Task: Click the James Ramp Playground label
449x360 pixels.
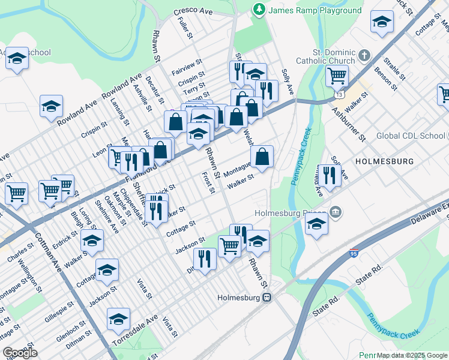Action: [315, 10]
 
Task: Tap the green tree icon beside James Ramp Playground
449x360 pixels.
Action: [259, 10]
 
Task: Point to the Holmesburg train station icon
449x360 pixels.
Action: [270, 296]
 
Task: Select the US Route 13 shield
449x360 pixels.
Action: [340, 94]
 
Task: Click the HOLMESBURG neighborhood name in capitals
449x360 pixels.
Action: [385, 161]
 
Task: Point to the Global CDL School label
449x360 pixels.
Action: [411, 136]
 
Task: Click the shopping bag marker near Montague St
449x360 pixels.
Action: [262, 157]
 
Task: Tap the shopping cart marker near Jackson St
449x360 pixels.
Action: [229, 245]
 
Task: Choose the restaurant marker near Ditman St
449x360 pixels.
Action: [205, 259]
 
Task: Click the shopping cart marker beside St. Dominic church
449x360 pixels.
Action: [337, 76]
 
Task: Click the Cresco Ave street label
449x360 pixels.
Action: [193, 12]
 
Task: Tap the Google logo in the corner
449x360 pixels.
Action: [20, 352]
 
